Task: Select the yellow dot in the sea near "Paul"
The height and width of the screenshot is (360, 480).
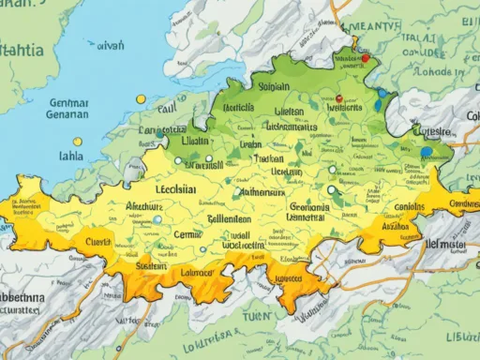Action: tap(141, 98)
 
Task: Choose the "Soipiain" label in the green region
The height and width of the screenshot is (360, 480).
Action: tap(273, 87)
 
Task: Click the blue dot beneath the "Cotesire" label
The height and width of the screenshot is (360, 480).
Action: tap(427, 151)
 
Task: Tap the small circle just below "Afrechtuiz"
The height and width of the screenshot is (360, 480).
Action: tap(157, 219)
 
